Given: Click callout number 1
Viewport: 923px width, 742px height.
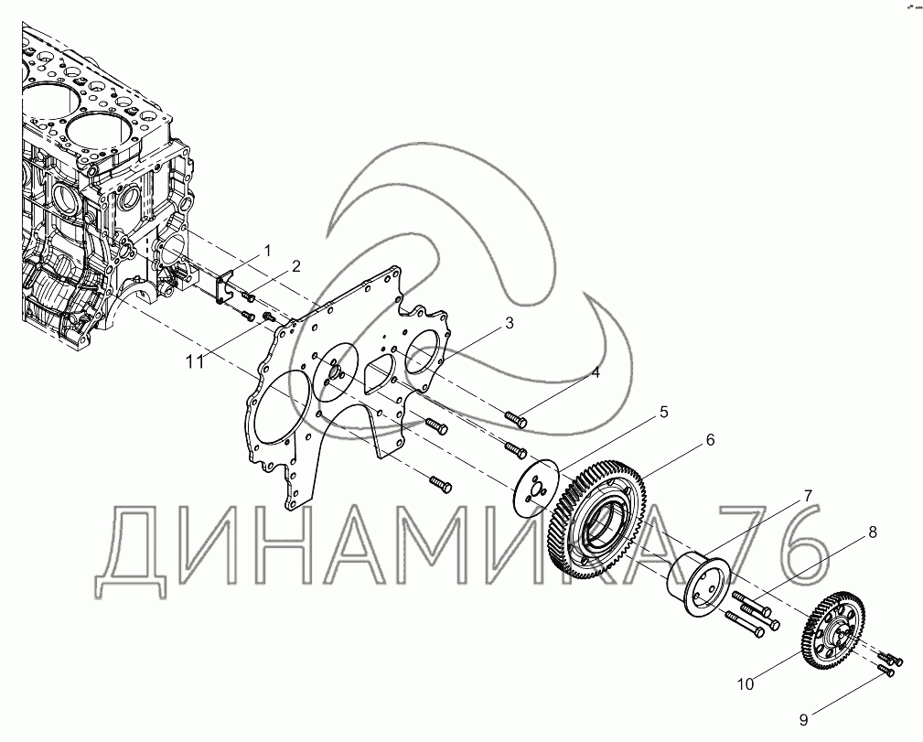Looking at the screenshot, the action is click(x=267, y=251).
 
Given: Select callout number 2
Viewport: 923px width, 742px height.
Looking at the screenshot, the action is click(x=296, y=266).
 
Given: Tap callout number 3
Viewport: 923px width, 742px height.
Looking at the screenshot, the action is click(x=509, y=323).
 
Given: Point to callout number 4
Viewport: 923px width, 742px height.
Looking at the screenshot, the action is click(x=596, y=372).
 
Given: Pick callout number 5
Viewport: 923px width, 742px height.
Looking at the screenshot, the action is click(x=663, y=413).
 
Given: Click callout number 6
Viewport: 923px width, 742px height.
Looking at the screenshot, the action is click(x=710, y=439).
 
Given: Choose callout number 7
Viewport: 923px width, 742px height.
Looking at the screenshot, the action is click(x=808, y=496).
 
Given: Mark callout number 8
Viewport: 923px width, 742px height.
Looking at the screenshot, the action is click(x=873, y=532).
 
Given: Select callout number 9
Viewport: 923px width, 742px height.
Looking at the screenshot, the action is click(x=803, y=720).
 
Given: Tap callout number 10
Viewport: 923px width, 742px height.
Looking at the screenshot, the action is click(x=746, y=684).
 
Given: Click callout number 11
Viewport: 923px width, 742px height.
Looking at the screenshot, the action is click(x=195, y=361).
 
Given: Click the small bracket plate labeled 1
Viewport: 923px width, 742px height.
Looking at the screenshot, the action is click(x=224, y=288).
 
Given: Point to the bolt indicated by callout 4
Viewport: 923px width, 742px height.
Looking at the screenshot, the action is click(x=516, y=419).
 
